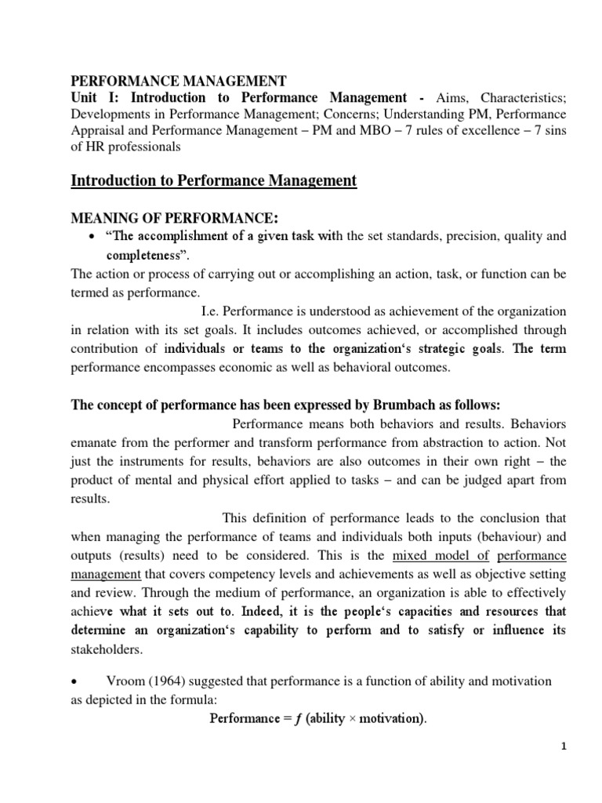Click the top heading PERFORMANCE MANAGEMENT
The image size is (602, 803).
[x=180, y=81]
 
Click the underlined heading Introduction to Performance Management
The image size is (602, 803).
[x=213, y=182]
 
